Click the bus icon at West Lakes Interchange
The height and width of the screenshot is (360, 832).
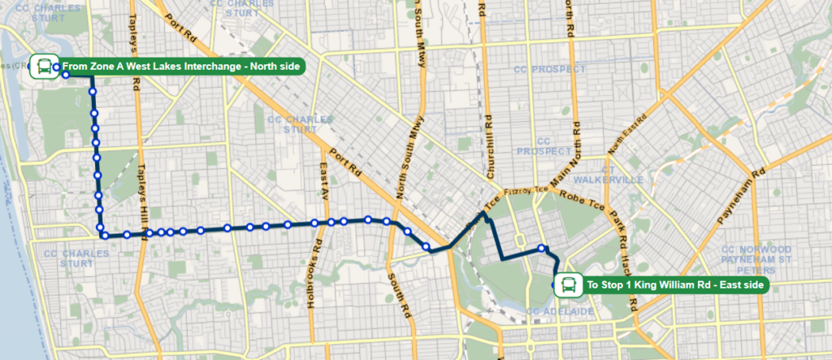pos(43,66)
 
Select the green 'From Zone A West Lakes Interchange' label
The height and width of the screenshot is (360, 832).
pos(180,66)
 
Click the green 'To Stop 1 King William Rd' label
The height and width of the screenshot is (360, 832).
pos(675,284)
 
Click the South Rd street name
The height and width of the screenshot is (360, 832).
pos(398,293)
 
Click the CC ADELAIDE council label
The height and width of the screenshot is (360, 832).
pos(556,311)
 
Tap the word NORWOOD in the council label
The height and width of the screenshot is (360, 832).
pos(769,249)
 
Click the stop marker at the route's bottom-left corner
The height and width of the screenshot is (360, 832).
pos(104,236)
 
